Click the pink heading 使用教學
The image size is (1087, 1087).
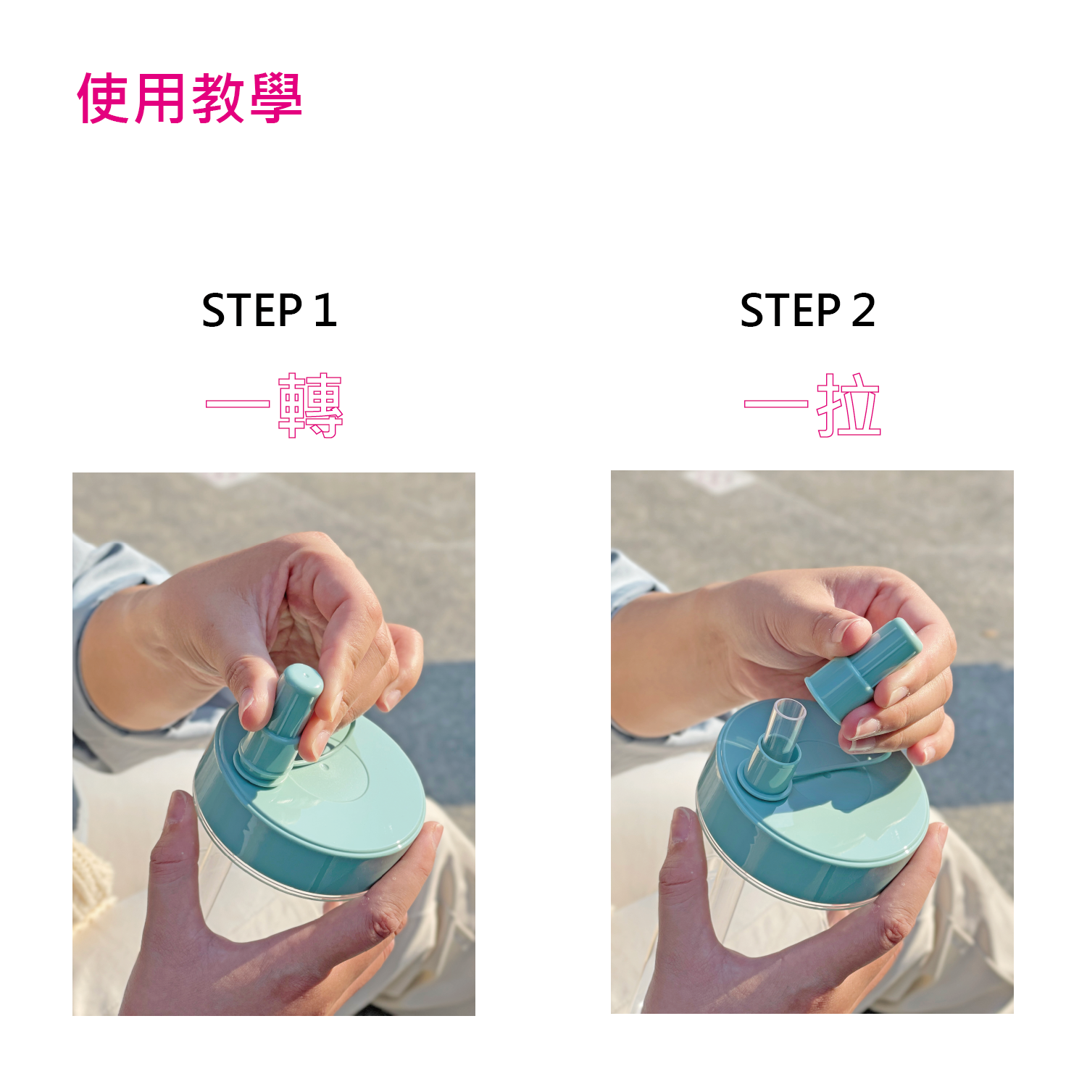190,98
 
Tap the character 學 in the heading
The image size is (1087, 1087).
276,98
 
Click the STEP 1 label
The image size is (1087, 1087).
270,311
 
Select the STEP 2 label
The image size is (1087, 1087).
808,311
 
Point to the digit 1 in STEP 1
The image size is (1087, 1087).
326,311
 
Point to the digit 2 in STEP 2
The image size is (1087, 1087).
864,311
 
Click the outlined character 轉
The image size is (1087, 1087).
310,406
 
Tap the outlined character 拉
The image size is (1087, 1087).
849,405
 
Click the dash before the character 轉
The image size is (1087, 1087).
237,404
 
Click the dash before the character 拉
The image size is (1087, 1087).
775,404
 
